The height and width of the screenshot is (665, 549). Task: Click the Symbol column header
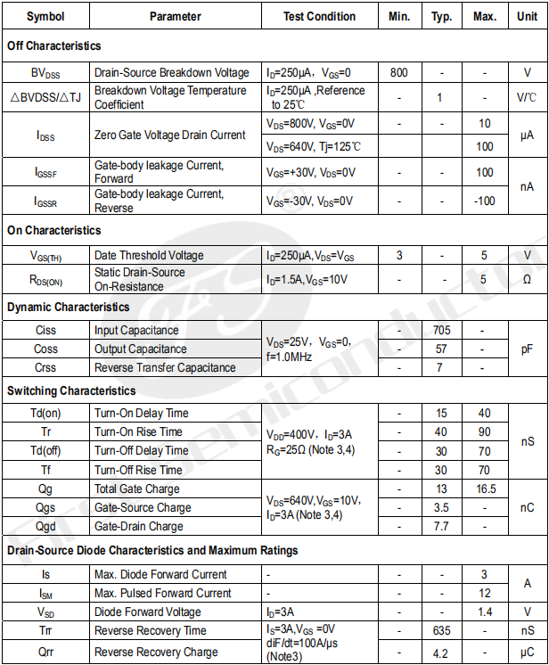[45, 16]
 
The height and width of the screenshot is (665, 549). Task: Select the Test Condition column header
[319, 16]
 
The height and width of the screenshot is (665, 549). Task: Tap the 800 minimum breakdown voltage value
[399, 73]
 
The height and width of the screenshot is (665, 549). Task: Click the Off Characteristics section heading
[54, 45]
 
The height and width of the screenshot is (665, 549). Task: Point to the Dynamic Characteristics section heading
[68, 307]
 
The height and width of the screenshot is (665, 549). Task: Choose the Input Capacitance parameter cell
[136, 331]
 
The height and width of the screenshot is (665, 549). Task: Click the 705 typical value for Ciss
[441, 331]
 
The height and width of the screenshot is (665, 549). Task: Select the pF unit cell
[527, 349]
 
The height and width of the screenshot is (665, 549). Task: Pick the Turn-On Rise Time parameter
[138, 431]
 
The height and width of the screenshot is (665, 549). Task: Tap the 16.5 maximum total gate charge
[485, 488]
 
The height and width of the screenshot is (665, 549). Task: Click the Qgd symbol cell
[45, 526]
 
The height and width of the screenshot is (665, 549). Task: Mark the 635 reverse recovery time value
[441, 631]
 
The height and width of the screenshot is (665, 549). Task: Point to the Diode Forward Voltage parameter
[147, 612]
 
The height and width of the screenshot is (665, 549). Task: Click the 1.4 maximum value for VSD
[485, 612]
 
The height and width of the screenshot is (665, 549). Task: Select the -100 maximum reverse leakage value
[485, 201]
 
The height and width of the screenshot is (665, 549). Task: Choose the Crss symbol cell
[45, 368]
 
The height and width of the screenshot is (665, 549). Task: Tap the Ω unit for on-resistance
[527, 279]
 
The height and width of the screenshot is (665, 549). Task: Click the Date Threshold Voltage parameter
[149, 256]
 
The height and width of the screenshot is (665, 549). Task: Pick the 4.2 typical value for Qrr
[441, 652]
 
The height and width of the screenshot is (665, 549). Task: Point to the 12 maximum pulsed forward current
[485, 594]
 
